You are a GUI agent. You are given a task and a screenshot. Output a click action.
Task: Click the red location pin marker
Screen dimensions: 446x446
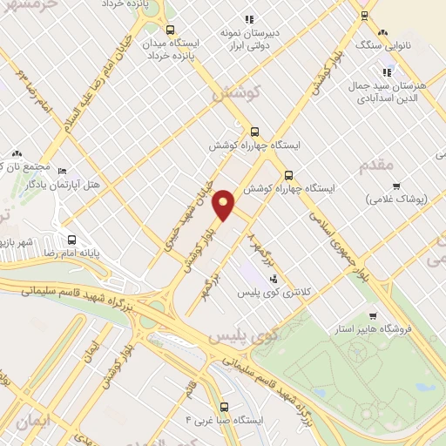click(x=224, y=204)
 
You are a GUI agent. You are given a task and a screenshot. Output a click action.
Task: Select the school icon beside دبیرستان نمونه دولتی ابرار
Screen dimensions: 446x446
click(x=249, y=18)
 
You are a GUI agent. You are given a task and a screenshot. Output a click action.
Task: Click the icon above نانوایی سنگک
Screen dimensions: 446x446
click(x=365, y=17)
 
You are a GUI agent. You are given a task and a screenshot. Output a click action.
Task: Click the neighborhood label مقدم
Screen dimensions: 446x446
click(x=376, y=164)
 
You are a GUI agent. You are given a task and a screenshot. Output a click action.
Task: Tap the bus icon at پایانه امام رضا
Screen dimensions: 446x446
click(x=71, y=240)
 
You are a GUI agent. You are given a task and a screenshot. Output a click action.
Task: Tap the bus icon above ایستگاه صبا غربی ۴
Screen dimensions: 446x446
click(x=225, y=406)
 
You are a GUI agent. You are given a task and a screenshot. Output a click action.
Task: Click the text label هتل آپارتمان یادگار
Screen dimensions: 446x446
click(x=44, y=185)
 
